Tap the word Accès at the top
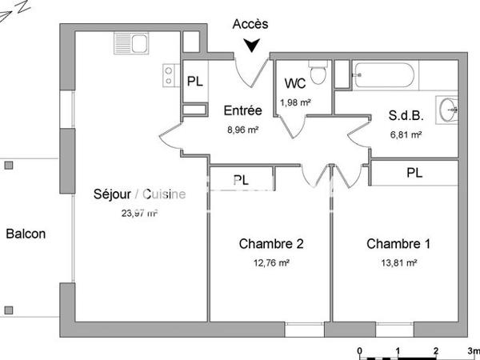click(x=250, y=25)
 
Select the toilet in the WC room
click(x=318, y=74)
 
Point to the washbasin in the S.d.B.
click(x=447, y=107)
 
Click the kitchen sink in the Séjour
click(x=130, y=42)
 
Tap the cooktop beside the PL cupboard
click(x=170, y=75)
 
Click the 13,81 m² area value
click(x=399, y=262)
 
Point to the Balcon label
click(x=26, y=234)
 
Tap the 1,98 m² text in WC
click(x=295, y=102)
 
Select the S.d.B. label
click(x=404, y=116)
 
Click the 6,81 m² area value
click(x=405, y=134)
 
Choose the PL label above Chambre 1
click(x=414, y=173)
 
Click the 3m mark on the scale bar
click(x=474, y=350)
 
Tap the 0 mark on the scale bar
click(x=360, y=350)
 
